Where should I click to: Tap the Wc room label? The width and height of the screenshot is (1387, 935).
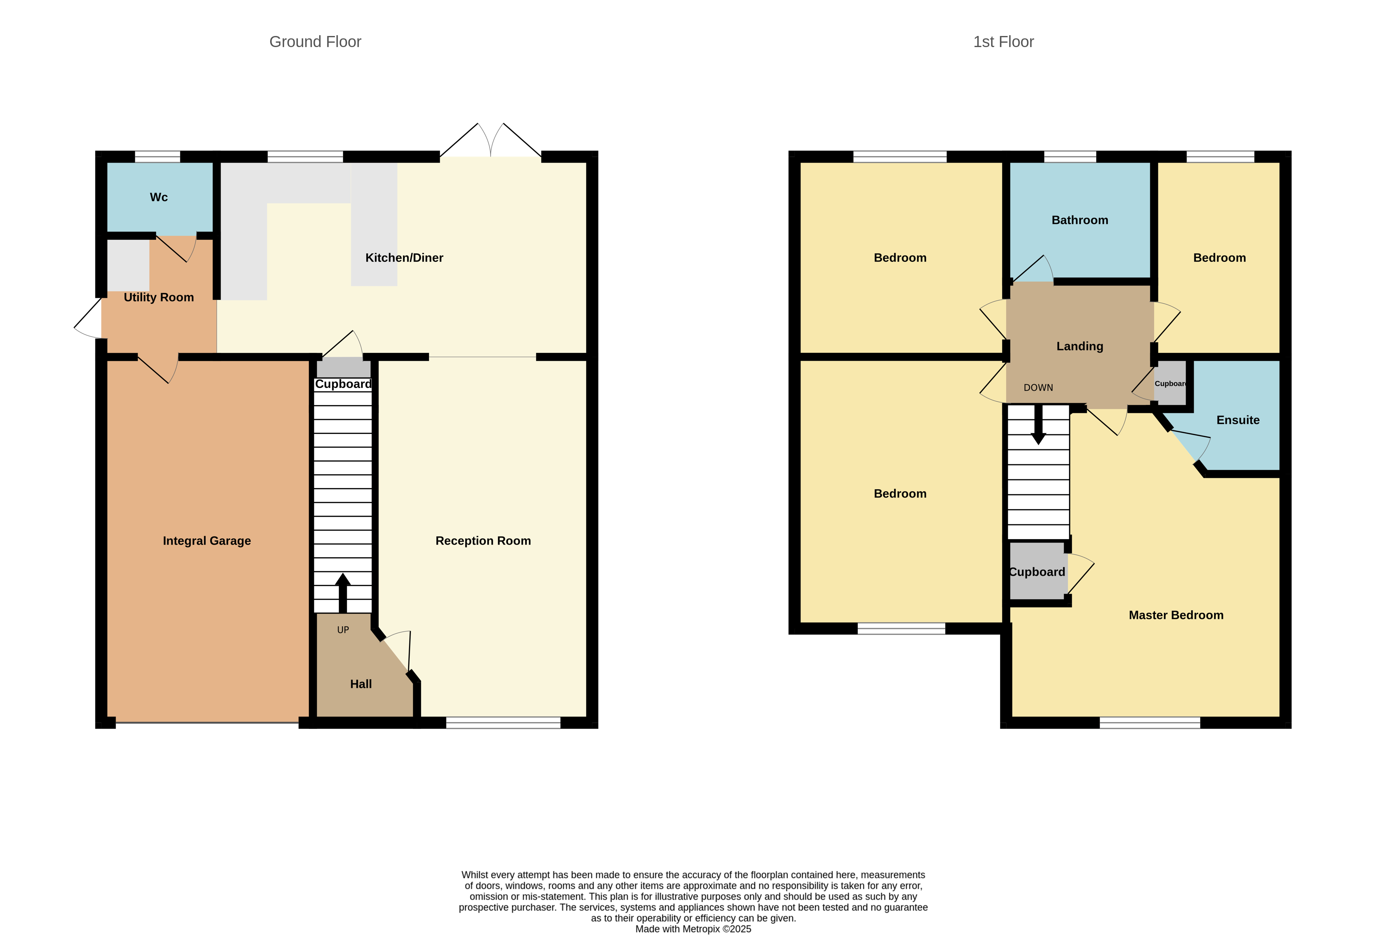(x=159, y=197)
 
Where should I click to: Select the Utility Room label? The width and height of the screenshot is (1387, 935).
(x=159, y=297)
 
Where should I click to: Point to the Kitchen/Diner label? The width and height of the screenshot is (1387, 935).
(x=404, y=257)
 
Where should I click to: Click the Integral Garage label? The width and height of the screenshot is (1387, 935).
(x=206, y=541)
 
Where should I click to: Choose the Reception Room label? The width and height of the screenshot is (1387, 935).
(x=483, y=541)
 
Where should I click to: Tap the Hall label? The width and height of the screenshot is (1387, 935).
(x=360, y=684)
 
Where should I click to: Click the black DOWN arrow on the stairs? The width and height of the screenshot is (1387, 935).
(x=1038, y=424)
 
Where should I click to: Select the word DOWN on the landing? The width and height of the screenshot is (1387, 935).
(x=1038, y=388)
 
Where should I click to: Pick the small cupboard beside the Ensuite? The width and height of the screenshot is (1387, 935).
(x=1169, y=383)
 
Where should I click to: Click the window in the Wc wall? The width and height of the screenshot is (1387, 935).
(x=157, y=157)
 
